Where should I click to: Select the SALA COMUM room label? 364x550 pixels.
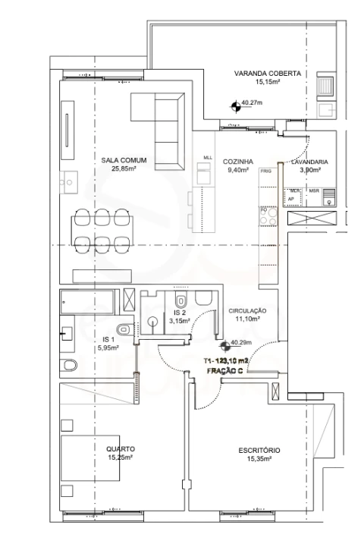(x=124, y=160)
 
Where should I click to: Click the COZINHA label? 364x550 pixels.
(x=237, y=161)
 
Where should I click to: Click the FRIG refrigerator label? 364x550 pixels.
(x=265, y=172)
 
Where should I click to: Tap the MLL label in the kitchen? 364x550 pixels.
(x=208, y=158)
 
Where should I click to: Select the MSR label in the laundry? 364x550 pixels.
(x=314, y=191)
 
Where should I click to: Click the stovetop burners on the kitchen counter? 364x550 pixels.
(x=268, y=215)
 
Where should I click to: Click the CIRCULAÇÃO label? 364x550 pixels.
(x=248, y=311)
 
